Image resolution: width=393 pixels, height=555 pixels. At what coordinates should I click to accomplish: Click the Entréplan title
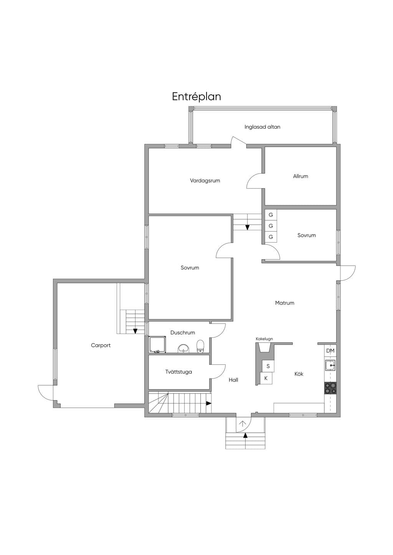pos(196,97)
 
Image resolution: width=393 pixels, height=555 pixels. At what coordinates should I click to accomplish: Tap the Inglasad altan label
pos(262,127)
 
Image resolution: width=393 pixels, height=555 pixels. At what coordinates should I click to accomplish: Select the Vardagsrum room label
pos(205,181)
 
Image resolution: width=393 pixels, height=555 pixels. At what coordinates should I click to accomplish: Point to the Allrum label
pos(301,176)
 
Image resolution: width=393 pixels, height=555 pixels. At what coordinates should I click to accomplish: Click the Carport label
pos(101,345)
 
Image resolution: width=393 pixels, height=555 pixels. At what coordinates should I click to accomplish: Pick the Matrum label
pos(284,303)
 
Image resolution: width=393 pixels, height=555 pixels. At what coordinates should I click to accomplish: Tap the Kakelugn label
pos(264,339)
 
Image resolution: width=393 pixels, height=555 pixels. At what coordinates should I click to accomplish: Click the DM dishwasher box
pos(330,351)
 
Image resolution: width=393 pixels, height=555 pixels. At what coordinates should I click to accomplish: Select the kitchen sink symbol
pos(330,365)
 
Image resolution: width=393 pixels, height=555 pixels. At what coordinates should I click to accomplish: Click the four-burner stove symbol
pos(330,388)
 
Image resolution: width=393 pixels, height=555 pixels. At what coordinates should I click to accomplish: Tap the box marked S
pos(268,366)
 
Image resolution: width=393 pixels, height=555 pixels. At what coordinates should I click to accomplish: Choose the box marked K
pos(266,378)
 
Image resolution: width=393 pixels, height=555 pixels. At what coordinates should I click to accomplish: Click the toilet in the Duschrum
pos(200,346)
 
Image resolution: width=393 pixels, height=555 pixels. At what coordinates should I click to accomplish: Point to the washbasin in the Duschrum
pos(183,348)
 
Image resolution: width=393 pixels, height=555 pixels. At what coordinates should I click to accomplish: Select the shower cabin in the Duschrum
pos(158,345)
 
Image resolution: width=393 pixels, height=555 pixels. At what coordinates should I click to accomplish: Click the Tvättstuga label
pos(178,372)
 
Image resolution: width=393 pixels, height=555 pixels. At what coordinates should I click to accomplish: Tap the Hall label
pos(233,380)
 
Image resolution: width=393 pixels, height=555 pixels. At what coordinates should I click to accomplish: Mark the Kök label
pos(299,374)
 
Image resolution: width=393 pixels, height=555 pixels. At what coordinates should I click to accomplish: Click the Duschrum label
pos(183,333)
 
